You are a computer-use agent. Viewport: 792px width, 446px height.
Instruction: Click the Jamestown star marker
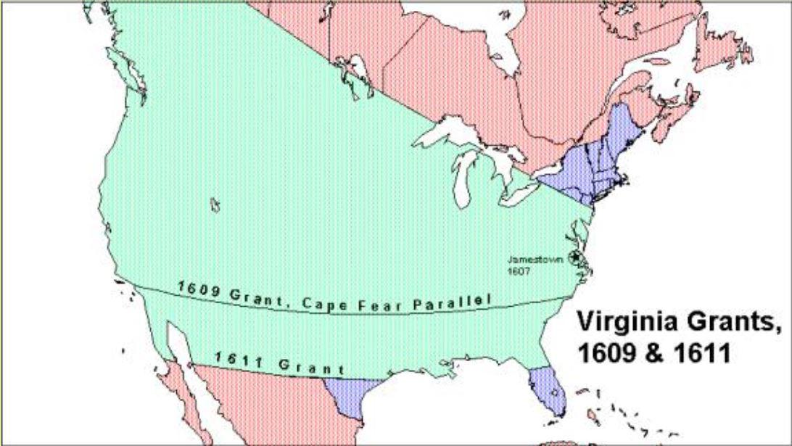576,257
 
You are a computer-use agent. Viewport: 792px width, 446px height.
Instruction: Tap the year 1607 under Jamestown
516,271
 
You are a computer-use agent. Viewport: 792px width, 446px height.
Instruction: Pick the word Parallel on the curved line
452,301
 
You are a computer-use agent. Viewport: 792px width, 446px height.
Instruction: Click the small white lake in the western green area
215,205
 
